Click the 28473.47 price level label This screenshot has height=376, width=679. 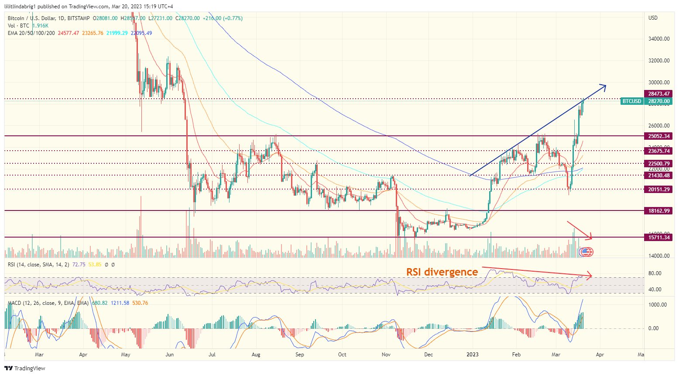[x=658, y=94]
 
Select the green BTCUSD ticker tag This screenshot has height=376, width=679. [x=631, y=101]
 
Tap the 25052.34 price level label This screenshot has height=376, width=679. [x=658, y=136]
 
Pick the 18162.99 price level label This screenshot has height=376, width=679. [x=658, y=211]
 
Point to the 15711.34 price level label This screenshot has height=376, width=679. [x=658, y=238]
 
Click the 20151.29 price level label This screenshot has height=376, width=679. [x=658, y=190]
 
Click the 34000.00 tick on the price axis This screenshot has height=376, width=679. [x=658, y=39]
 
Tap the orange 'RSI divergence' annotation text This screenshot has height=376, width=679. [x=442, y=272]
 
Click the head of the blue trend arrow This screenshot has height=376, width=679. [x=605, y=85]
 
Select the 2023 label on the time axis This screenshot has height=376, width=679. [x=472, y=355]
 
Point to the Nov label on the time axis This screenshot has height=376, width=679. [x=386, y=355]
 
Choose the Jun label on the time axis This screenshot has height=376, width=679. [x=170, y=355]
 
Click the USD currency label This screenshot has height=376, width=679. [x=653, y=18]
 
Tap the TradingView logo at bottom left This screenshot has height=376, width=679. [x=25, y=368]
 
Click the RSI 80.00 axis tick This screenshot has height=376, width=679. [x=655, y=273]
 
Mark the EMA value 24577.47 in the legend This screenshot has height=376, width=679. [x=69, y=33]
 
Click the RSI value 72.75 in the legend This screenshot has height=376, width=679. [x=79, y=265]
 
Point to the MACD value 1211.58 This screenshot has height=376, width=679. [x=120, y=303]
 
